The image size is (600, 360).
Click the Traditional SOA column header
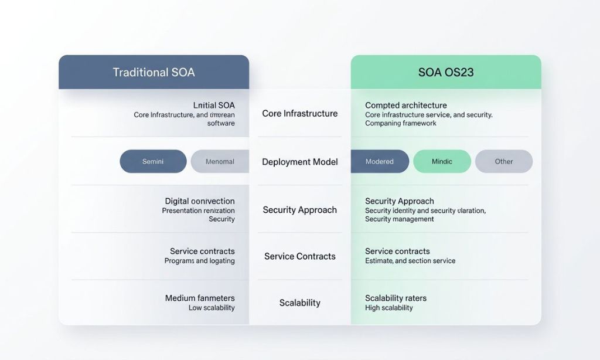coord(154,73)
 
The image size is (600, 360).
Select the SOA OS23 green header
coord(446,73)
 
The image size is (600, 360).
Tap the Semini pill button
coord(153,161)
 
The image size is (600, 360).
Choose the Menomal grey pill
coord(220,161)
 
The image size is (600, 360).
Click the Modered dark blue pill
coord(380,161)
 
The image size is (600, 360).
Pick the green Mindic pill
coord(442,161)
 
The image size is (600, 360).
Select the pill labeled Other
coord(504,161)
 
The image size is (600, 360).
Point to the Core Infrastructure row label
coord(300,113)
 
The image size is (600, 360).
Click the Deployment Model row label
coord(300,162)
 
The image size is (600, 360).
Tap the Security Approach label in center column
coord(300,210)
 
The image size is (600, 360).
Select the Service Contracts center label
coord(300,256)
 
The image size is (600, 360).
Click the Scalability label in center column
coord(300,303)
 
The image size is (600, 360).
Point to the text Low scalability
coord(212,308)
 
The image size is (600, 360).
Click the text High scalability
coord(389,308)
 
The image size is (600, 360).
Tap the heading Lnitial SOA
coord(214,105)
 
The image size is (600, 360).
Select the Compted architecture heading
coord(406,105)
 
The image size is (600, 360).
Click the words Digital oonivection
coord(200,201)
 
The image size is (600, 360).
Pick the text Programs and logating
coord(199,261)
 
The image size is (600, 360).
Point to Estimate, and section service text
coord(410,261)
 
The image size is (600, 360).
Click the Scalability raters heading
coord(396,298)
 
